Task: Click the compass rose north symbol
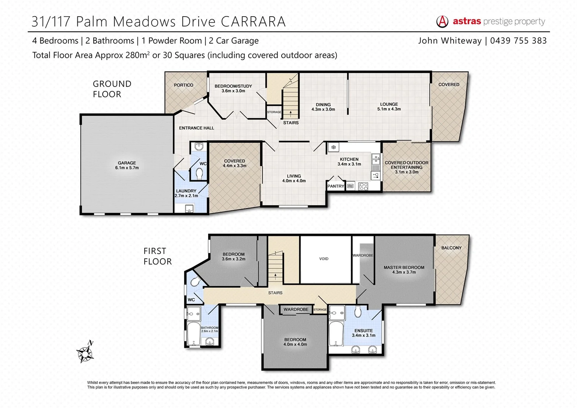[x=85, y=353]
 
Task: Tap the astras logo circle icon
[x=442, y=22]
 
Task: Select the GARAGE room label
[x=127, y=163]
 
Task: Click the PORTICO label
[x=184, y=85]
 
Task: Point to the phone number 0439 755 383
[x=518, y=41]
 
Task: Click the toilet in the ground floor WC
[x=200, y=173]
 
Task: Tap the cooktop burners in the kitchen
[x=363, y=186]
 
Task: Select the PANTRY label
[x=336, y=186]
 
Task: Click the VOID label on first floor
[x=324, y=259]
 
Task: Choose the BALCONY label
[x=451, y=248]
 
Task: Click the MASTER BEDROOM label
[x=404, y=267]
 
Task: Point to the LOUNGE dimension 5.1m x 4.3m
[x=389, y=109]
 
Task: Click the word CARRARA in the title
[x=253, y=22]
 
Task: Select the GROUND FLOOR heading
[x=112, y=89]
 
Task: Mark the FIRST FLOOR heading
[x=157, y=256]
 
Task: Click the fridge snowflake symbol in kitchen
[x=333, y=147]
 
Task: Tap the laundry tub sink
[x=189, y=208]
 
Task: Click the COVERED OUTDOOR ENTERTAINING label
[x=406, y=165]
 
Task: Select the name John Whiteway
[x=450, y=41]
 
